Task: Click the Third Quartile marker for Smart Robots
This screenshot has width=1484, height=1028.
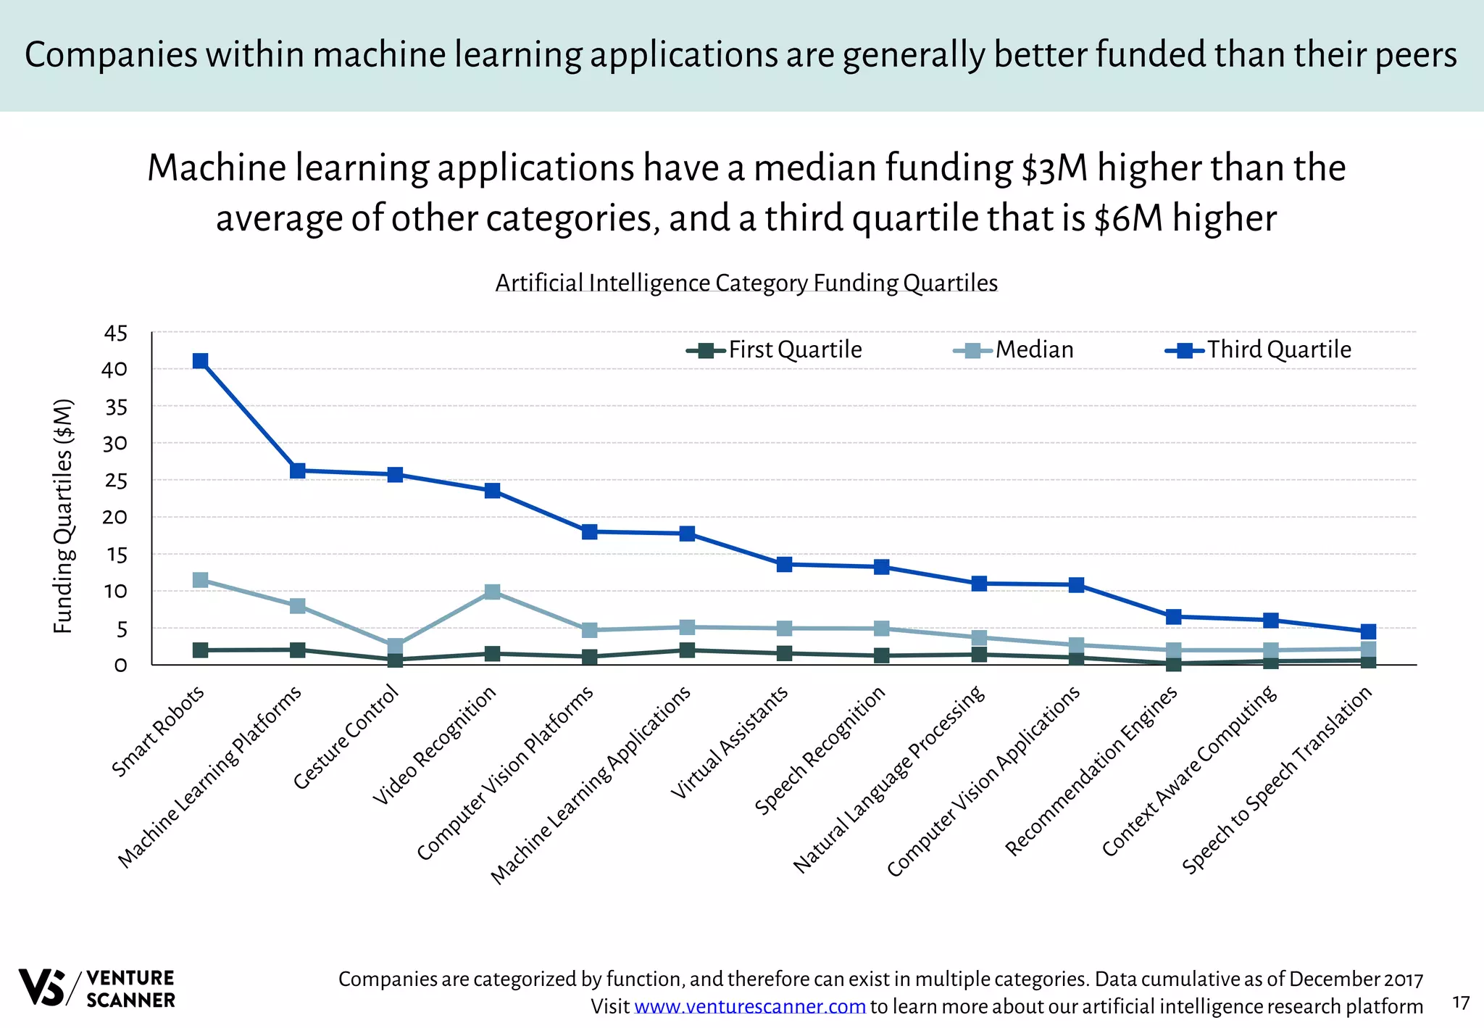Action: click(201, 361)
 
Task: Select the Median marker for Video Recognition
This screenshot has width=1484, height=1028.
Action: click(492, 592)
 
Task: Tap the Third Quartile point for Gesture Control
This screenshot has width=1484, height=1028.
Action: click(395, 475)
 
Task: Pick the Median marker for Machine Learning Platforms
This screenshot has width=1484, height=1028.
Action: click(298, 606)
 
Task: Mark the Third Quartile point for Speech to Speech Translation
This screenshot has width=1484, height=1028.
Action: click(1368, 631)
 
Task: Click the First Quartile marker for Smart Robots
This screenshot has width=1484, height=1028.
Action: click(201, 650)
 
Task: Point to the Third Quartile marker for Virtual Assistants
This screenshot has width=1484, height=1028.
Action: click(784, 564)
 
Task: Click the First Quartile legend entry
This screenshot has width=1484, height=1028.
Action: click(775, 350)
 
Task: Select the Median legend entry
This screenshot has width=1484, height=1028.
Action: click(1014, 350)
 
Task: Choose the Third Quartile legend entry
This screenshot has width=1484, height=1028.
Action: click(1259, 350)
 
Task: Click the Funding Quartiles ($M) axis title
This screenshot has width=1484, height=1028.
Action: click(64, 516)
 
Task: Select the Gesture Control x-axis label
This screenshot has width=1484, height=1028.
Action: click(346, 737)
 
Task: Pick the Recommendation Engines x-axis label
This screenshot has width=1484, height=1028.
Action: click(1092, 771)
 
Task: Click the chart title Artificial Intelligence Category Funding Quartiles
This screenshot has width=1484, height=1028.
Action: click(746, 283)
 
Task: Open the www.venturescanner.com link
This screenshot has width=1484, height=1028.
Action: click(750, 1007)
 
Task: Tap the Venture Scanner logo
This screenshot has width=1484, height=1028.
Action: click(97, 988)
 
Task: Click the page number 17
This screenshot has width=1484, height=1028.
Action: click(1461, 1003)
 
